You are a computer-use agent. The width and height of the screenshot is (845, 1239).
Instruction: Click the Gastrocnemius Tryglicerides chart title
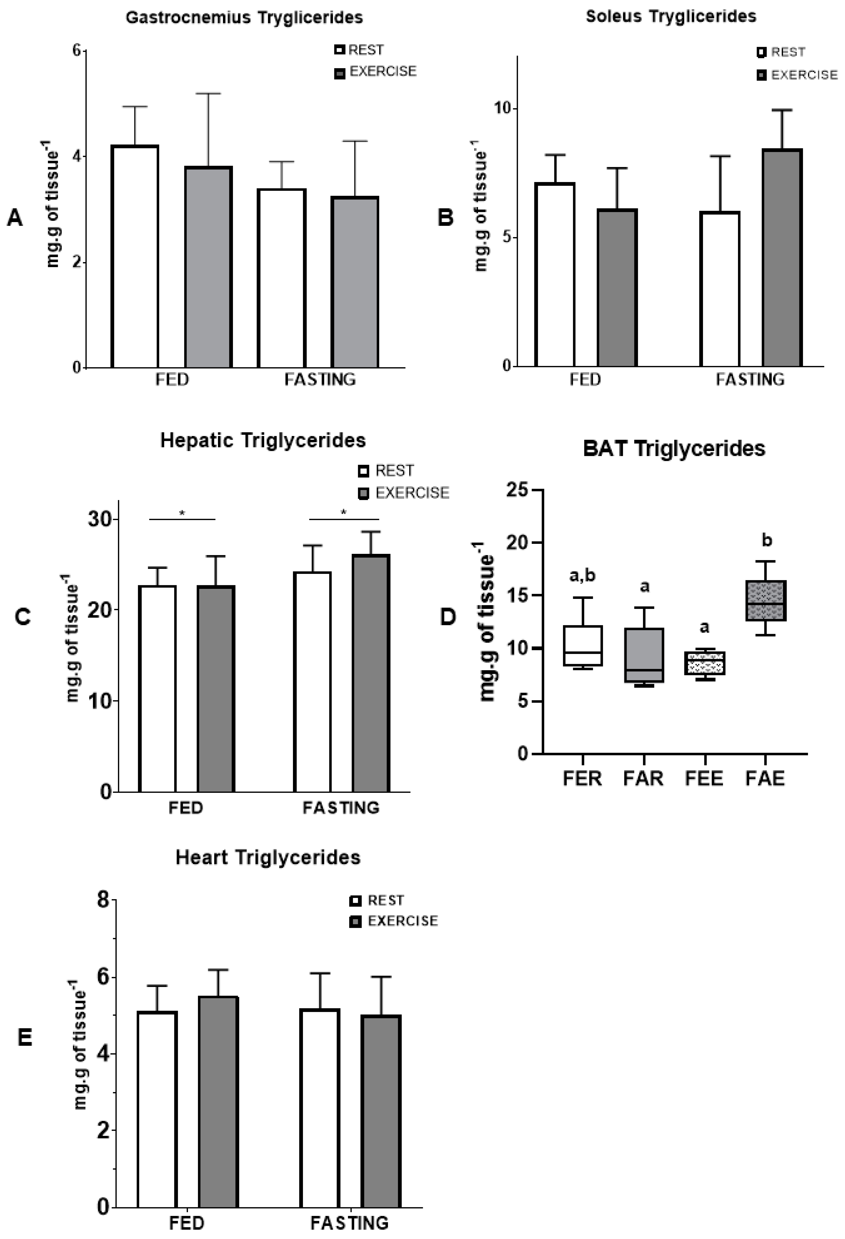coord(244,18)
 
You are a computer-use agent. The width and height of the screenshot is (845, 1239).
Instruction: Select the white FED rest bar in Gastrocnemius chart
coord(135,256)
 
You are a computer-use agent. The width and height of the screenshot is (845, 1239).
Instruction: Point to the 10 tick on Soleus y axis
coord(501,108)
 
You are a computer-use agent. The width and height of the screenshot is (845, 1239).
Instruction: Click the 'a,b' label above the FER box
coord(582,575)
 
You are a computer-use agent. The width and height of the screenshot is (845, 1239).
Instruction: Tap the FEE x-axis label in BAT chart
coord(704,778)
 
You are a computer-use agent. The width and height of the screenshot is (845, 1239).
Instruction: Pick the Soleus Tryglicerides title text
coord(671,17)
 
